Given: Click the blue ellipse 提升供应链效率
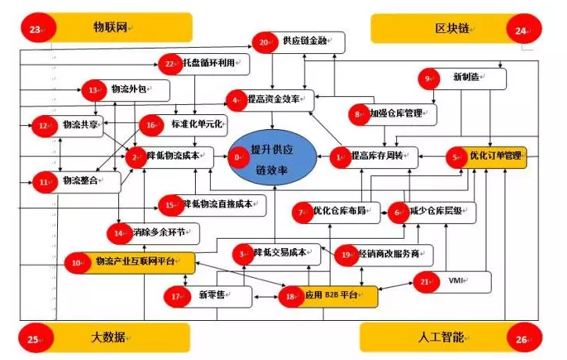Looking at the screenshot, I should coord(272,158).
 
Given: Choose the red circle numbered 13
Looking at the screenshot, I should coord(95,91).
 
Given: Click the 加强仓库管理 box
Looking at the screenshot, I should coord(395,113).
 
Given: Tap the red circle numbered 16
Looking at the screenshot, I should coord(151,124).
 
